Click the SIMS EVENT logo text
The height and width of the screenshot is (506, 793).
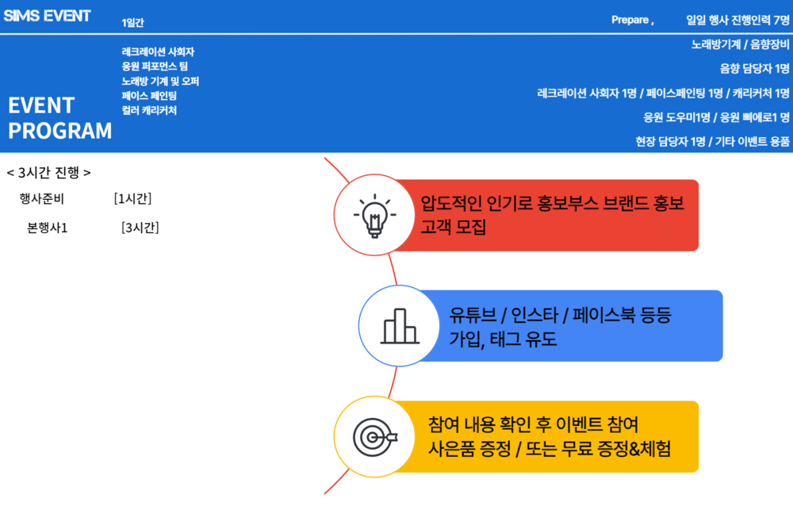point(47,16)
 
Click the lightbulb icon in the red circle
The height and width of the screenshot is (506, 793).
point(375,216)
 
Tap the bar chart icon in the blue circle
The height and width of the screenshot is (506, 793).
point(400,327)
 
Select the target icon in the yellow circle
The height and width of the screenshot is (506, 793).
point(375,437)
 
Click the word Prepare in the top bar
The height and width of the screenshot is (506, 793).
point(630,20)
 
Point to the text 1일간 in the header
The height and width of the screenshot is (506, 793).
point(132,22)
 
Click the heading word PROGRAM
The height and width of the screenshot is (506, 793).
point(59,131)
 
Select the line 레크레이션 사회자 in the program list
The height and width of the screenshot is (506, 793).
point(158,52)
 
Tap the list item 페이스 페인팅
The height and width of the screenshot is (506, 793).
point(149,96)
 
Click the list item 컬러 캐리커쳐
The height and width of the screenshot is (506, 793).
point(149,110)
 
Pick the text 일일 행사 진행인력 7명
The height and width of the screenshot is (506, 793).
point(737,20)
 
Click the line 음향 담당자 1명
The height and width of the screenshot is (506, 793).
point(755,68)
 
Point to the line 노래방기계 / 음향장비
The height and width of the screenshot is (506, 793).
point(741,44)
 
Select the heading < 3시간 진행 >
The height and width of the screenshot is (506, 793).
point(48,173)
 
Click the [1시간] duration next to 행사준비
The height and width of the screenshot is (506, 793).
point(132,198)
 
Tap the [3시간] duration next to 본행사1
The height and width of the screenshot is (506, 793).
point(140,228)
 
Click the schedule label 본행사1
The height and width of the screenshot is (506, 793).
point(47,228)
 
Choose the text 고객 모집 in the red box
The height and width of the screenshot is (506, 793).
point(453,226)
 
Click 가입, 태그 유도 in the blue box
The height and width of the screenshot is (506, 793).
point(503,339)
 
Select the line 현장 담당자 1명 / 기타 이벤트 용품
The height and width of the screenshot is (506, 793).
point(713,141)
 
